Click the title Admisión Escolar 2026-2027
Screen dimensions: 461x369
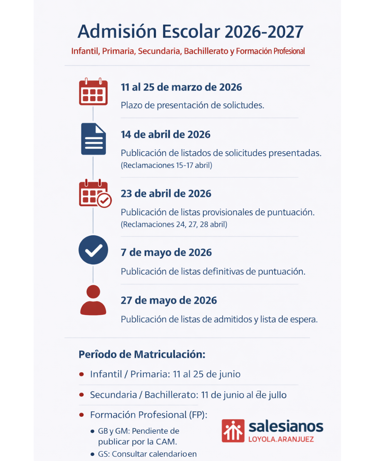click(190, 32)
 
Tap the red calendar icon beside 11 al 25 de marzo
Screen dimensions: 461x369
click(93, 92)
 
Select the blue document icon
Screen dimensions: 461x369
click(93, 139)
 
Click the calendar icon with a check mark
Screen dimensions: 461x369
click(95, 194)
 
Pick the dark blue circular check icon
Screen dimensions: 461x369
click(93, 250)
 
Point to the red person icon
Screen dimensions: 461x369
click(93, 301)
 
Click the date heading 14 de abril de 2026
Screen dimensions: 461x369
click(165, 135)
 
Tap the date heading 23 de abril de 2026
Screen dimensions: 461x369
click(166, 194)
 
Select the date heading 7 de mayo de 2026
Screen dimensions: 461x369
click(166, 253)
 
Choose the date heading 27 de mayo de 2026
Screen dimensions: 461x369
click(169, 301)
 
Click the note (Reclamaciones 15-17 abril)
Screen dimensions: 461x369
click(166, 165)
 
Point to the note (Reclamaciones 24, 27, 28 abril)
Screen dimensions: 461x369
click(174, 224)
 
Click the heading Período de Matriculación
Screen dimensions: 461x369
click(142, 354)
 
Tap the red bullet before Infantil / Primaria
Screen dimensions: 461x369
click(82, 374)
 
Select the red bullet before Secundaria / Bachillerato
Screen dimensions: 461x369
click(82, 395)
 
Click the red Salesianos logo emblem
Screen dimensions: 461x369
click(233, 431)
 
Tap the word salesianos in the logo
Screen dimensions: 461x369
click(286, 427)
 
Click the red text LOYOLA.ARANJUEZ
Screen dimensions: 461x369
click(281, 439)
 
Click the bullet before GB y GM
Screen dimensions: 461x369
click(92, 431)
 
